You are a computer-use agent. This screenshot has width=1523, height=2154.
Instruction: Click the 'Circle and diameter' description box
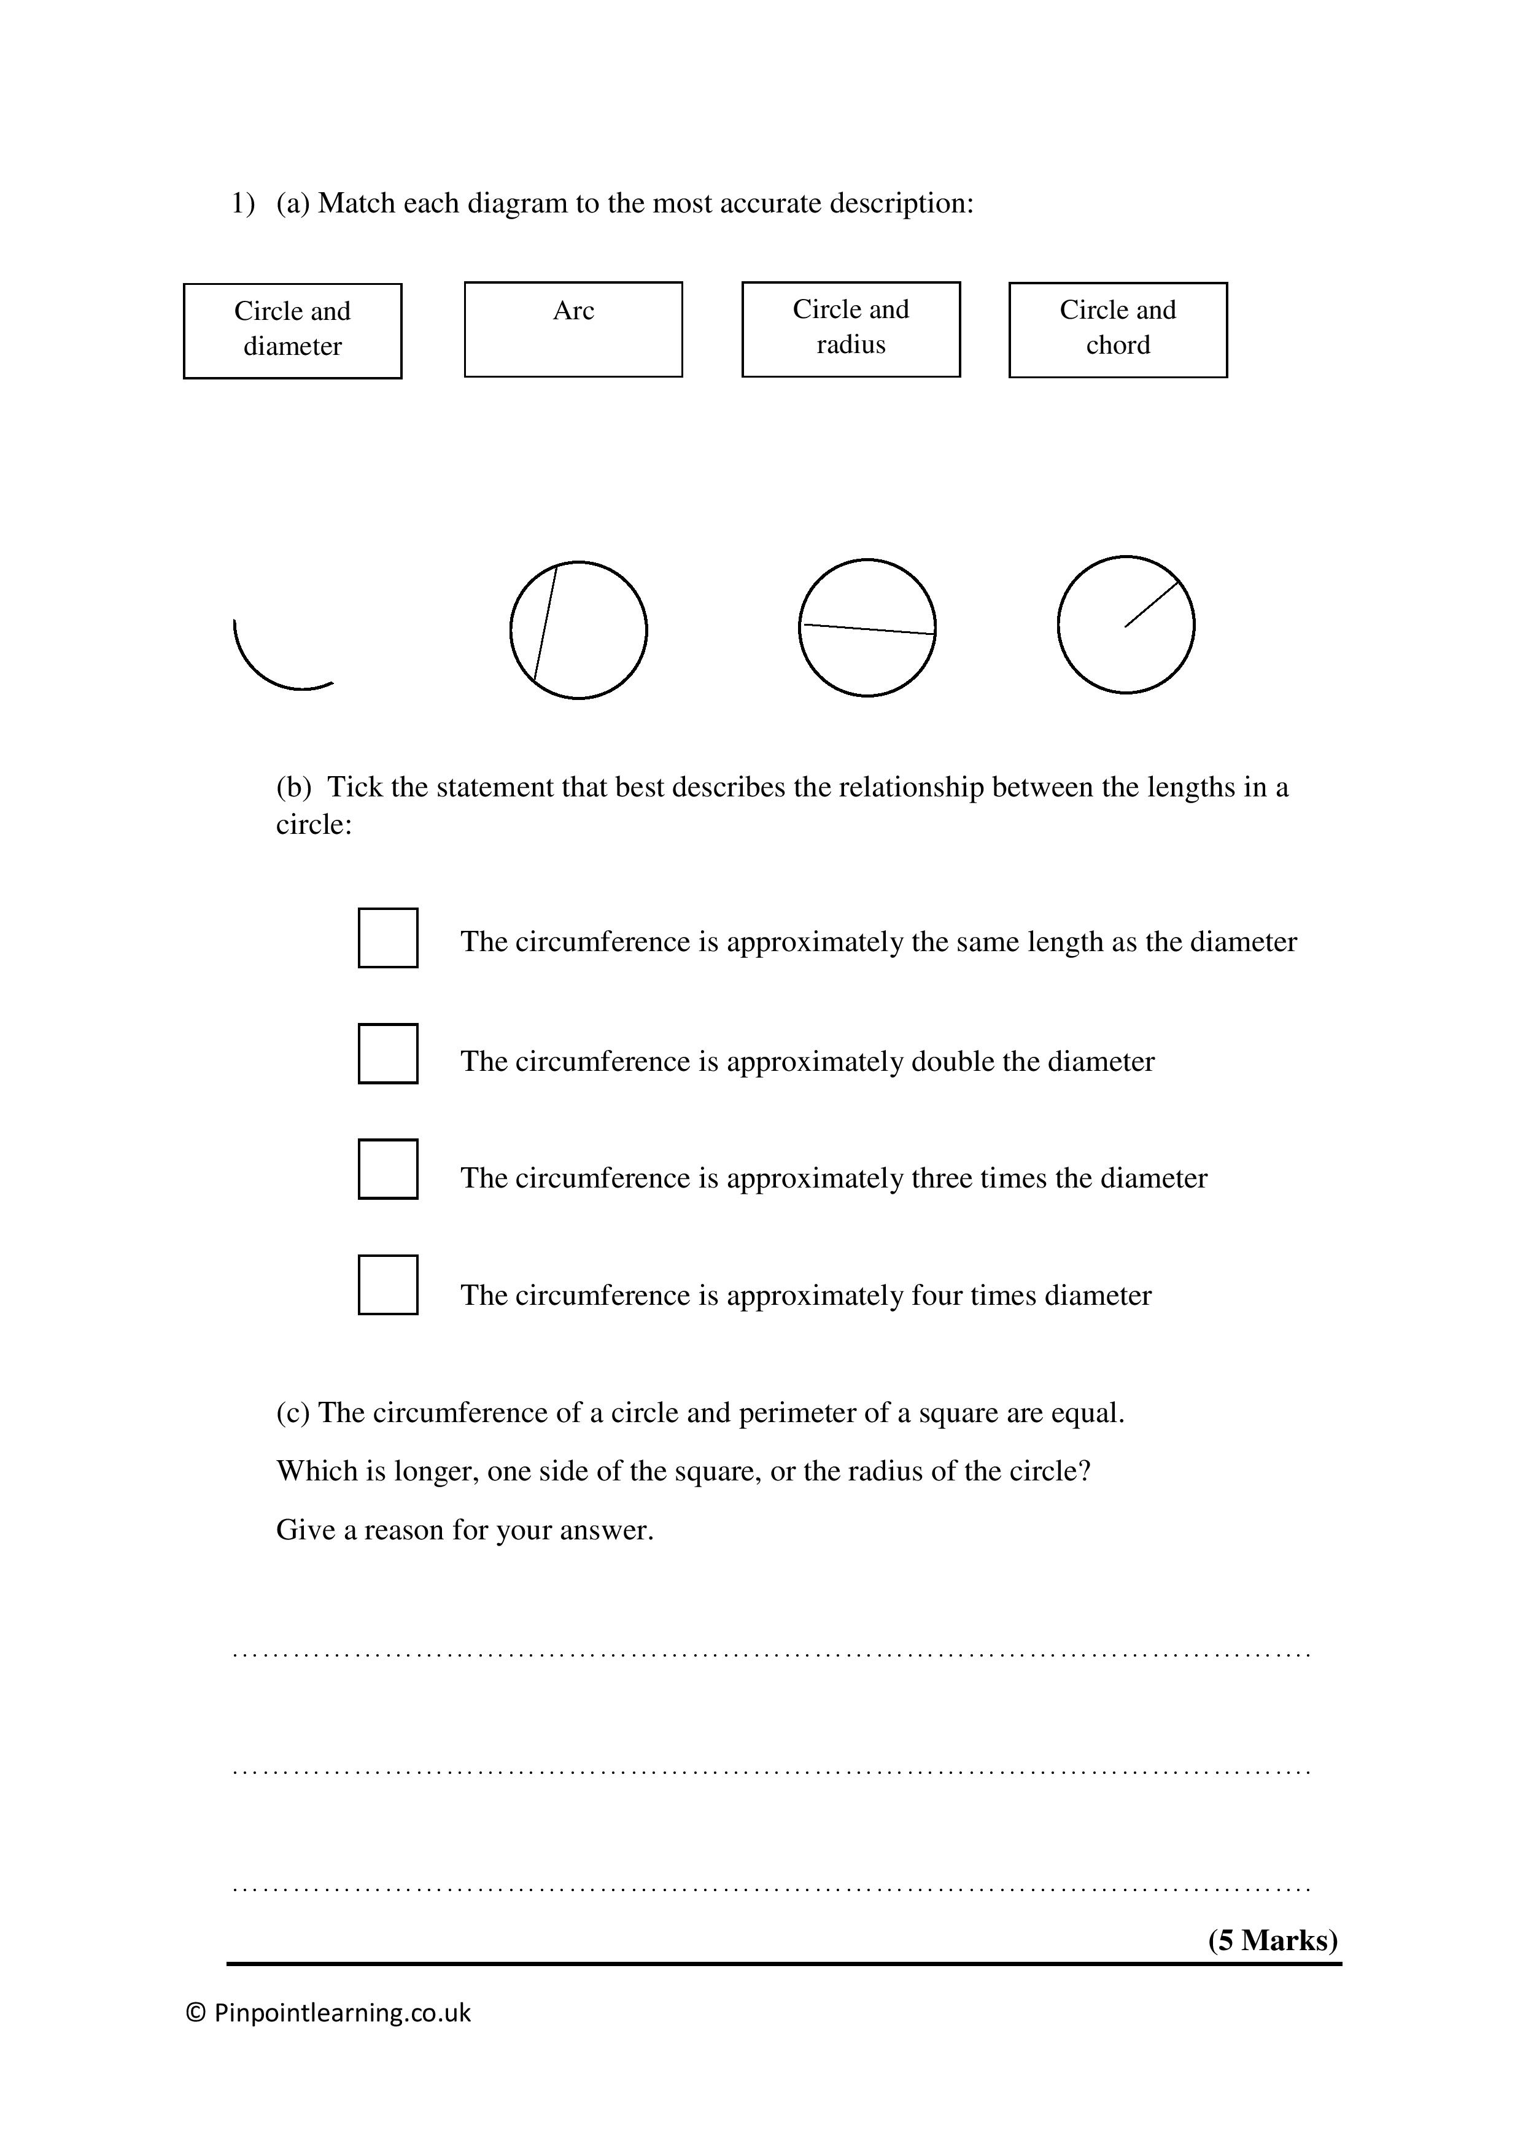tap(293, 330)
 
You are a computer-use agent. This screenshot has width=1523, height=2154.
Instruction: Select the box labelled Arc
tap(573, 329)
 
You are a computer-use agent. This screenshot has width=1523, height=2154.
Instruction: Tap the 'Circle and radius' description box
tap(851, 329)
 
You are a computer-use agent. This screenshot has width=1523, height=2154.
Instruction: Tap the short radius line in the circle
tap(1152, 604)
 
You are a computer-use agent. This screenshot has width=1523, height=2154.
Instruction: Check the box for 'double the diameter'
tap(387, 1054)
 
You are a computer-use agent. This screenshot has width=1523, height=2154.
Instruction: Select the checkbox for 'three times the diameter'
tap(387, 1169)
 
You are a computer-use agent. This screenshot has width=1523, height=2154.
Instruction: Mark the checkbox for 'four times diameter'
tap(387, 1285)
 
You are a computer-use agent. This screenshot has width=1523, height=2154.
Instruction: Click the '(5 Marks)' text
tap(1272, 1940)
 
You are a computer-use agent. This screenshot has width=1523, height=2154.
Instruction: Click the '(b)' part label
tap(293, 787)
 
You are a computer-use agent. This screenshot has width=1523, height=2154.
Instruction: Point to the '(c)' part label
tap(293, 1413)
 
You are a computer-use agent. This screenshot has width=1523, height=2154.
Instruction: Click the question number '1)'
tap(243, 204)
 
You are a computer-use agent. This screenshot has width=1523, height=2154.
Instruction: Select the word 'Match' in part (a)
tap(357, 204)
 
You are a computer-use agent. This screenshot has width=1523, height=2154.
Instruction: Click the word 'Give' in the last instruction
tap(305, 1530)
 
